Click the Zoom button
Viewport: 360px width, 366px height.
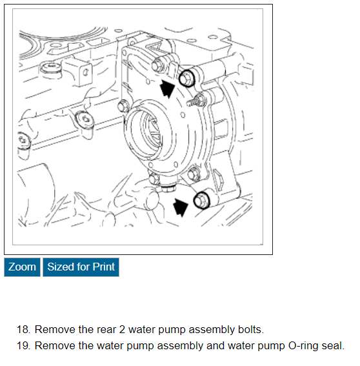(22, 267)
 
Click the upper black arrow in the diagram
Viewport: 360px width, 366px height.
(167, 88)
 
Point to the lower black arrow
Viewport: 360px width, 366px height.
(181, 207)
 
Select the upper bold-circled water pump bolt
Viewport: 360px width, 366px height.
(187, 77)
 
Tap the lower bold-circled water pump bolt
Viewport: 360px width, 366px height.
(201, 200)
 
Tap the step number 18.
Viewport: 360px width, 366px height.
(23, 330)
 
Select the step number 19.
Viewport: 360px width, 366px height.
(23, 346)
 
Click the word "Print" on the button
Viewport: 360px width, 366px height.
(104, 267)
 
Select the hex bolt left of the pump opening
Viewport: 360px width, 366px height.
(123, 107)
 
